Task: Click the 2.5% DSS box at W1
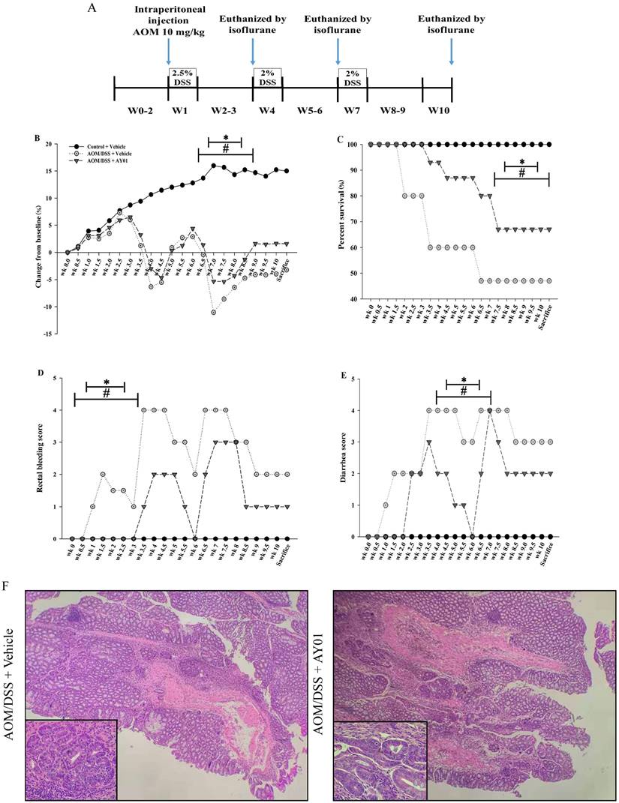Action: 182,77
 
